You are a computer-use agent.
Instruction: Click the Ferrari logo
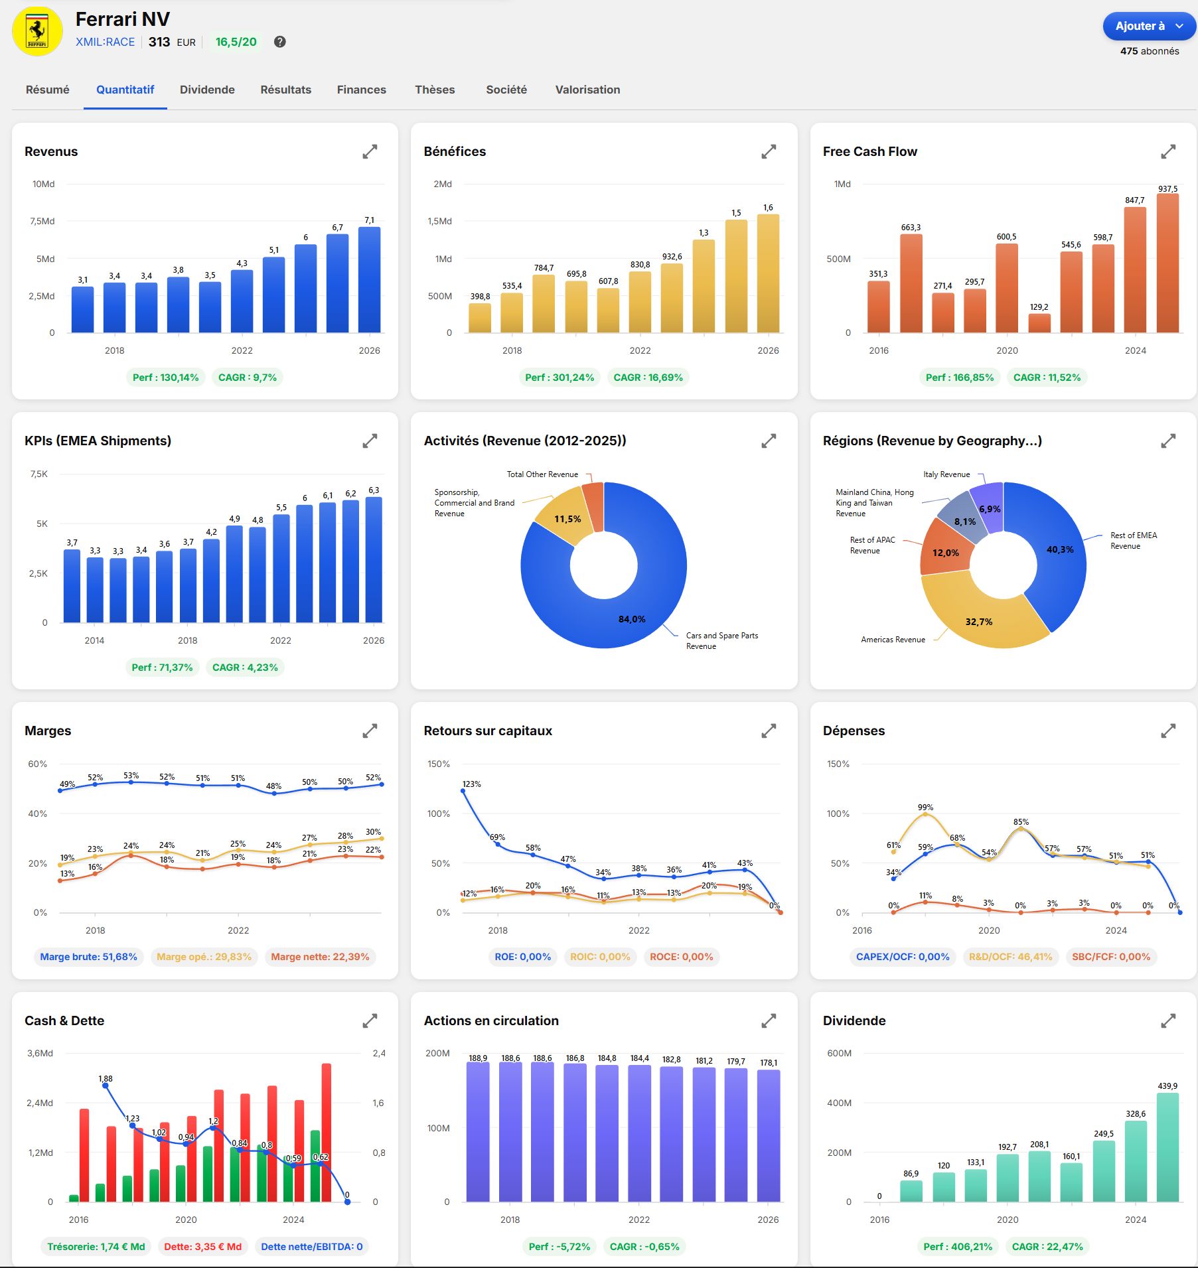(x=37, y=31)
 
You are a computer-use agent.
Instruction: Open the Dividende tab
(x=207, y=90)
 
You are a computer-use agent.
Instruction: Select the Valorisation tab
(x=587, y=90)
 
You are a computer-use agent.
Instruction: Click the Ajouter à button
(x=1148, y=27)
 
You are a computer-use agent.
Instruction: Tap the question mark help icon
(x=280, y=42)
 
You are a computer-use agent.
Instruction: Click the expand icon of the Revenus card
(x=370, y=152)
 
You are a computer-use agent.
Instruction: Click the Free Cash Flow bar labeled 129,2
(x=1039, y=323)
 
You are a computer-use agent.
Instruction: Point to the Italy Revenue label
(x=946, y=474)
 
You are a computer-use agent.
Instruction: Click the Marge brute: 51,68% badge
(x=88, y=957)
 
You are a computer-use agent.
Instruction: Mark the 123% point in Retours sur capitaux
(x=463, y=791)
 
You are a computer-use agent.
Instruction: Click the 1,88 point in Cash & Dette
(x=105, y=1086)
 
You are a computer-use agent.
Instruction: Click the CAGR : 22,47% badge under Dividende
(x=1047, y=1247)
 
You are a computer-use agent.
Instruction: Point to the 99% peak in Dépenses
(x=925, y=815)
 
